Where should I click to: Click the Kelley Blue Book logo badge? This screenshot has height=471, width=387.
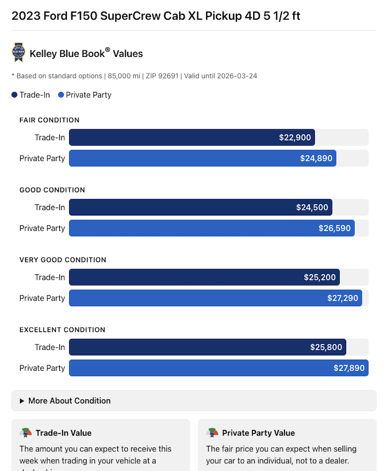coord(19,53)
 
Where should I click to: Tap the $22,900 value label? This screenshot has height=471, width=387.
coord(295,137)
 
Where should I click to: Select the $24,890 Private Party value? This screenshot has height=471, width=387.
coord(316,158)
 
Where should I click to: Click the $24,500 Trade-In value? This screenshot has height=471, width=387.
coord(312,207)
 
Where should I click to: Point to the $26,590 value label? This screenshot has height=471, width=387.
coord(334,228)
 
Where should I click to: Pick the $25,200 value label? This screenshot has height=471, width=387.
coord(320,277)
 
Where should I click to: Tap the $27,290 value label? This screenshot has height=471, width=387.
coord(342,298)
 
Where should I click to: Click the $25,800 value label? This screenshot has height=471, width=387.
coord(326,347)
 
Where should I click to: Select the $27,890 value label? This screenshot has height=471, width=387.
coord(349,368)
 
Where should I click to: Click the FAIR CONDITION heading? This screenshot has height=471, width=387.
coord(49,120)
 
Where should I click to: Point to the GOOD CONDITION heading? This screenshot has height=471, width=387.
coord(52,190)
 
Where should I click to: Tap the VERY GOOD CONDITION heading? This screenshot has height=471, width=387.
coord(62,260)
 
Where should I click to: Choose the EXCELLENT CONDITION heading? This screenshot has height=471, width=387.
coord(62,330)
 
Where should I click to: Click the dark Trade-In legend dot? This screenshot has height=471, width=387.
coord(14,95)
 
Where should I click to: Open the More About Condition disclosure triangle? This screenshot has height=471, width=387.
coord(22,401)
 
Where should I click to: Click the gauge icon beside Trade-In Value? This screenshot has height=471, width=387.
coord(25,433)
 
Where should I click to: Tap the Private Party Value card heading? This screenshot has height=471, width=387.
coord(258,433)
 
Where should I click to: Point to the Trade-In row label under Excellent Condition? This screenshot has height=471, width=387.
coord(50,347)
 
